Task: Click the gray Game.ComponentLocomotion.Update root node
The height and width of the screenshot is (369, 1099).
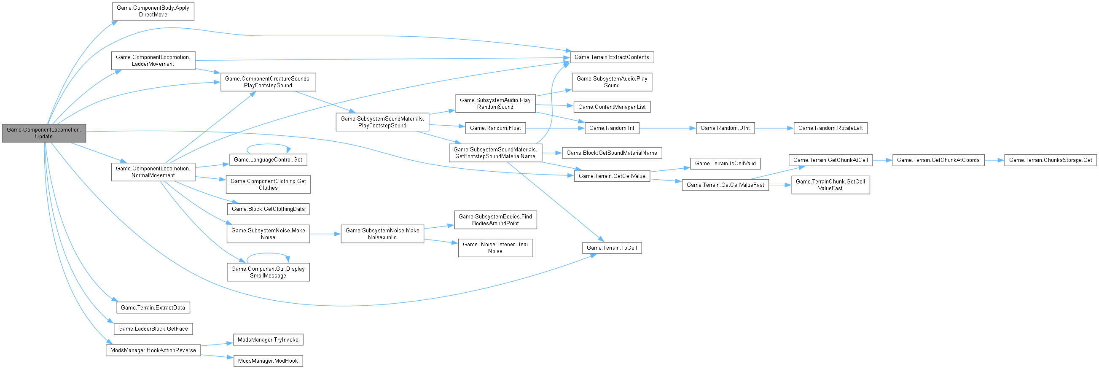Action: pos(44,133)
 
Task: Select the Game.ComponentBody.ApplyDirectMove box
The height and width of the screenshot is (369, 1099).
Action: pos(153,11)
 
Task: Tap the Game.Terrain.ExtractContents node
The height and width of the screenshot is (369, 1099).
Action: pos(612,57)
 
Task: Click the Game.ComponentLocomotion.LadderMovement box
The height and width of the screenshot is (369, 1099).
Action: pos(153,61)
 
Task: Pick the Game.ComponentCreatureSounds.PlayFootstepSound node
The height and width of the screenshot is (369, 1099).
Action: pos(268,82)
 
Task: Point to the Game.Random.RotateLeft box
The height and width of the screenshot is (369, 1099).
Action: pos(830,128)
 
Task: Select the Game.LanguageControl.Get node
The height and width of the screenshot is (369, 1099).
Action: pos(268,159)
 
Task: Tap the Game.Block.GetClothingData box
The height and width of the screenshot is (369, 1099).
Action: pos(268,209)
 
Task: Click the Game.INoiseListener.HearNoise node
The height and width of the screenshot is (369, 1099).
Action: pos(495,248)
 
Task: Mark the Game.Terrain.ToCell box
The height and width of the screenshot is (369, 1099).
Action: pos(612,248)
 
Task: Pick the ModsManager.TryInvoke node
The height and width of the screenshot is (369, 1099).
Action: pos(268,339)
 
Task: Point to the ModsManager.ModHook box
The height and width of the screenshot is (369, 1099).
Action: pos(268,361)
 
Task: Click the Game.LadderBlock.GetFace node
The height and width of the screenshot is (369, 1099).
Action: pos(153,329)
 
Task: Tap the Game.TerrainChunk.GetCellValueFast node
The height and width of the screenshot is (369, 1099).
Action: pos(830,185)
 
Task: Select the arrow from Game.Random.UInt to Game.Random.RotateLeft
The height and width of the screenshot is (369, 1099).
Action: pos(774,128)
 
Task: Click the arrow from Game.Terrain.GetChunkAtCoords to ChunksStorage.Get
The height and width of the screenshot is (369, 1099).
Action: pos(994,160)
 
